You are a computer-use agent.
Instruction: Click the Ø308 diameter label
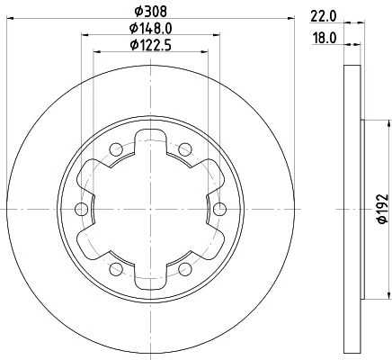pyautogui.click(x=150, y=12)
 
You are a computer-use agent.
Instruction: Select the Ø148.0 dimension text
pyautogui.click(x=151, y=29)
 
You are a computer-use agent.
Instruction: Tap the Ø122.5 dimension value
pyautogui.click(x=151, y=45)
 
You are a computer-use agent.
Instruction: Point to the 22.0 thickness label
pyautogui.click(x=324, y=16)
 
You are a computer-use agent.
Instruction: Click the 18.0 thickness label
pyautogui.click(x=325, y=39)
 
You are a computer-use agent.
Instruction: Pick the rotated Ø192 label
pyautogui.click(x=383, y=209)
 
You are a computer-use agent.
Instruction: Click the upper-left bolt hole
pyautogui.click(x=116, y=149)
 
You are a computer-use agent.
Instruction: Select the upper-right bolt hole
pyautogui.click(x=185, y=149)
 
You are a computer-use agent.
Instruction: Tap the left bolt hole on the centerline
pyautogui.click(x=81, y=209)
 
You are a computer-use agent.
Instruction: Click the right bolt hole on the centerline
pyautogui.click(x=219, y=209)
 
